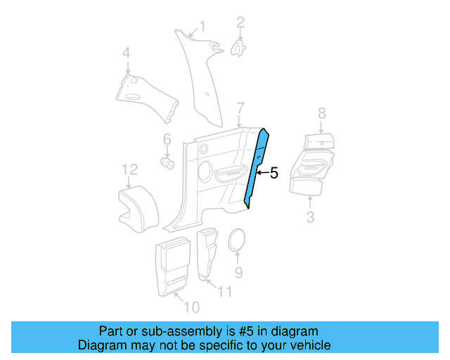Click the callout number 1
[x=202, y=27]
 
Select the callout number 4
[x=127, y=53]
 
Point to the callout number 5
[x=274, y=172]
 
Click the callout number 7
[x=240, y=108]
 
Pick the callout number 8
[x=322, y=112]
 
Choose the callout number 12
[x=129, y=169]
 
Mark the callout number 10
[x=191, y=307]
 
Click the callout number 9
[x=238, y=272]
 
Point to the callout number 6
[x=167, y=139]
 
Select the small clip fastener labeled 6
[x=168, y=163]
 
